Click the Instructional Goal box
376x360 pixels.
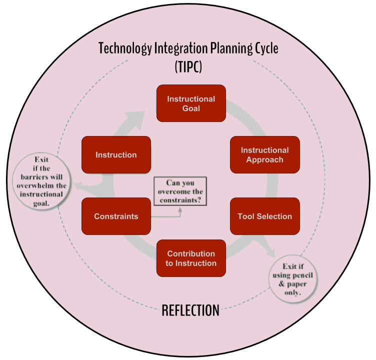point(191,103)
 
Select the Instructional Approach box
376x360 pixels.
point(264,155)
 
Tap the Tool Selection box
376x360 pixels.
point(264,216)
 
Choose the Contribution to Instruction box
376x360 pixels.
point(191,258)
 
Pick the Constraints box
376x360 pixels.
point(116,216)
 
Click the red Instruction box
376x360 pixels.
point(116,155)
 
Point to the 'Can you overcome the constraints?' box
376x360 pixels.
point(180,191)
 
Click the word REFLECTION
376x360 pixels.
point(190,310)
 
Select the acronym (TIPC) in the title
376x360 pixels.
point(188,66)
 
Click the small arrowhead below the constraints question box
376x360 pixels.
point(180,209)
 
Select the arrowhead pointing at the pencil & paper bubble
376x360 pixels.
point(270,251)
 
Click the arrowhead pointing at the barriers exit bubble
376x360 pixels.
point(78,186)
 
